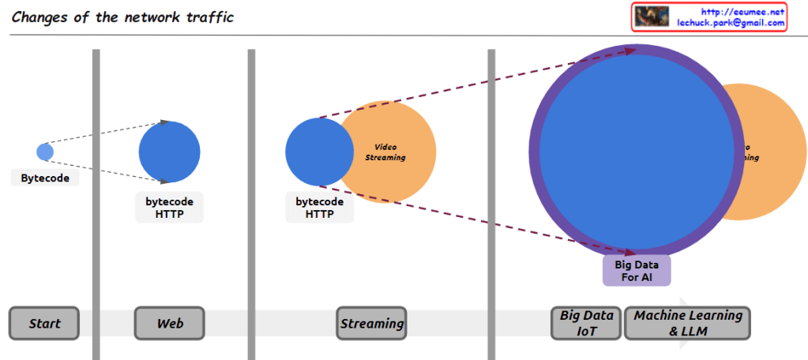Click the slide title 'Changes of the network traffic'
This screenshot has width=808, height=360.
122,17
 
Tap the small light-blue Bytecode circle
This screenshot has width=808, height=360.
45,152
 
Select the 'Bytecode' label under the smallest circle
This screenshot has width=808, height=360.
45,178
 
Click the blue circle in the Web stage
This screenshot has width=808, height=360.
169,152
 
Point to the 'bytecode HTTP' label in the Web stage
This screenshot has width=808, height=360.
169,208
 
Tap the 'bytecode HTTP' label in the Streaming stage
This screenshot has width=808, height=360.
319,208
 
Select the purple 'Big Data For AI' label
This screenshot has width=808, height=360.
636,271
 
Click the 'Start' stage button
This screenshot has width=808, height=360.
45,324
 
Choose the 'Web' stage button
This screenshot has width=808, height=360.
170,324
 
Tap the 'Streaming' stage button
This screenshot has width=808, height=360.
371,324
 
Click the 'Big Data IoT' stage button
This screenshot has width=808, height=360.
586,324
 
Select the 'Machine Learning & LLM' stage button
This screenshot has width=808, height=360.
688,324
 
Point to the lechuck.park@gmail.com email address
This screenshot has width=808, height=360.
731,23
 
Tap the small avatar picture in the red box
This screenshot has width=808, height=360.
652,17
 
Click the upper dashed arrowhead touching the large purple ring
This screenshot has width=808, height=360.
629,51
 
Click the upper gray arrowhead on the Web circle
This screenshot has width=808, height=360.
165,122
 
